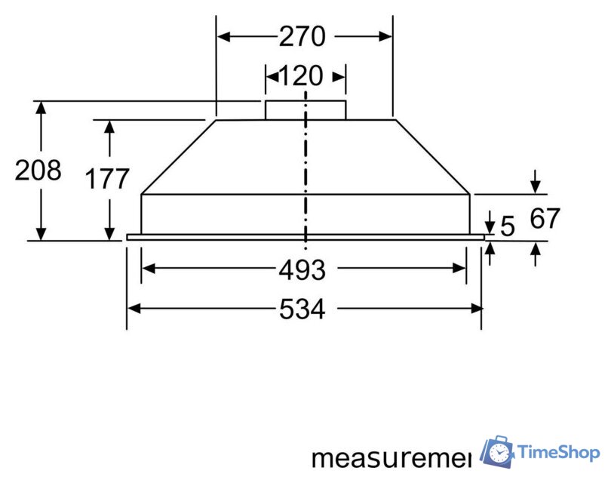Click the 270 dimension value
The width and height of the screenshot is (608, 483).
coord(302,36)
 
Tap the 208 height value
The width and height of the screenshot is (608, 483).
coord(38,171)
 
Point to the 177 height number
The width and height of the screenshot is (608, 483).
coord(107,180)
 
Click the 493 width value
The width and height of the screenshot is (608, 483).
coord(302,269)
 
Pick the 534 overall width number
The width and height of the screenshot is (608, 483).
coord(302,309)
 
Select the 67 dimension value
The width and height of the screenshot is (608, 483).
coord(545,219)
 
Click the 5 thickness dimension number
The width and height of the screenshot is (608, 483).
coord(508,226)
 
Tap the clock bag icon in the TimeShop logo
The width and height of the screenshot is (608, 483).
coord(497,451)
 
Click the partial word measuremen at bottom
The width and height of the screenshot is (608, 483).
coord(391,458)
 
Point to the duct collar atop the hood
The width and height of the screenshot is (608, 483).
coord(305,109)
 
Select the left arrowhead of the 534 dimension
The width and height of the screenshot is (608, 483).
coord(133,308)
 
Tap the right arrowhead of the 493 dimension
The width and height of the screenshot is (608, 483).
coord(461,268)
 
